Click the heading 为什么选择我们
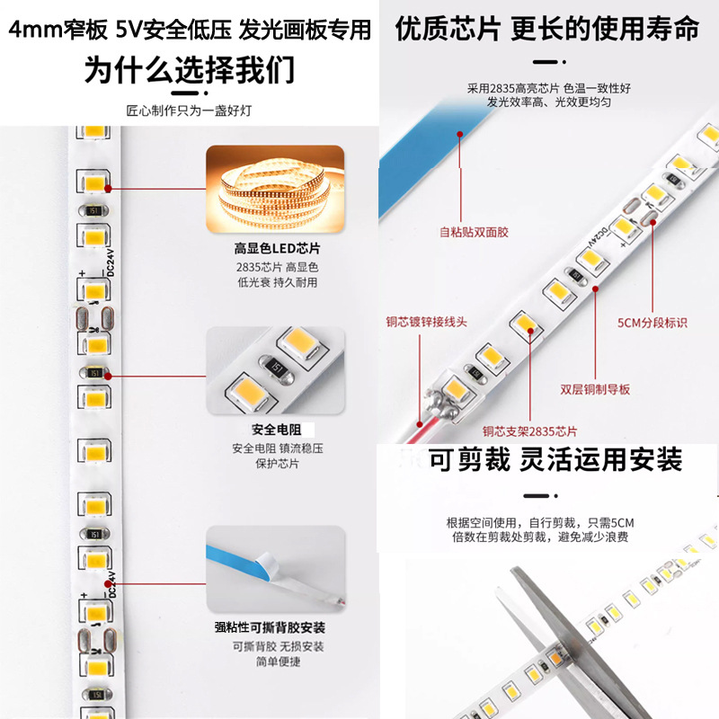pyautogui.click(x=189, y=70)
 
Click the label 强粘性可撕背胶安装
pyautogui.click(x=276, y=627)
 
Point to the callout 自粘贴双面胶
pyautogui.click(x=474, y=232)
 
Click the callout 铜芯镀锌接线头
pyautogui.click(x=426, y=321)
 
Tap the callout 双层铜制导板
pyautogui.click(x=595, y=389)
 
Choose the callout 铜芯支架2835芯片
pyautogui.click(x=529, y=431)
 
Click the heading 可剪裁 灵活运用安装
pyautogui.click(x=555, y=461)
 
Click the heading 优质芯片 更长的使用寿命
pyautogui.click(x=547, y=29)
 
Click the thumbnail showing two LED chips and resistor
pyautogui.click(x=276, y=371)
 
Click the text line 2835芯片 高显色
pyautogui.click(x=276, y=267)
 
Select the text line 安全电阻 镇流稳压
pyautogui.click(x=276, y=448)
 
